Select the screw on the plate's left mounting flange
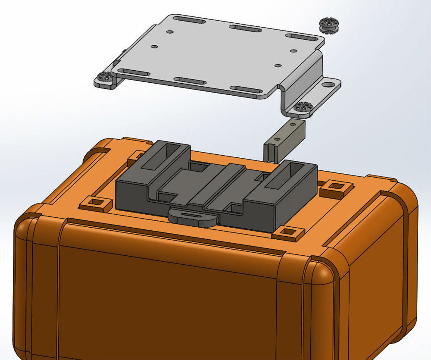click(x=103, y=78)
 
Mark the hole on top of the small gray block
click(x=293, y=125)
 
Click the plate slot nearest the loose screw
click(x=304, y=37)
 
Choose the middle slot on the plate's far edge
click(x=244, y=28)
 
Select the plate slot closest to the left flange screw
click(x=134, y=72)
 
